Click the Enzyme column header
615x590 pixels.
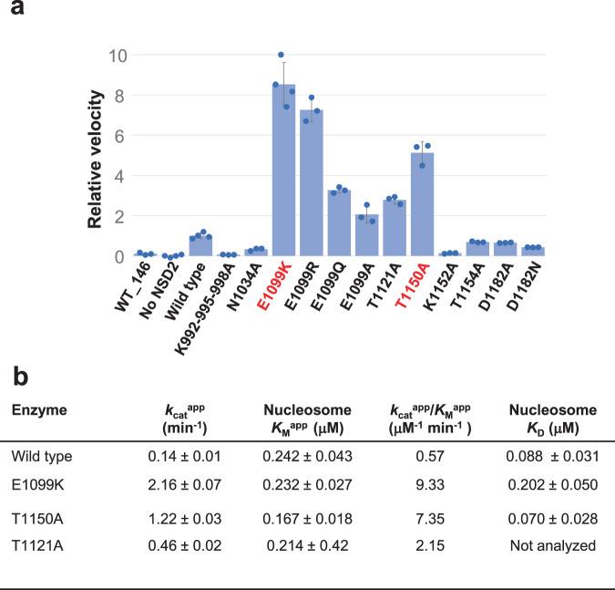pos(37,411)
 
